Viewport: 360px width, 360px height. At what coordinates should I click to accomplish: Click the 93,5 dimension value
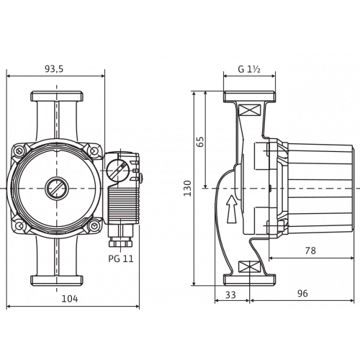(x=54, y=69)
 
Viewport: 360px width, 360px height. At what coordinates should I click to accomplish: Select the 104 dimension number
(x=70, y=299)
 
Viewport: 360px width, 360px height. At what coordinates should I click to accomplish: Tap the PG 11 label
(x=121, y=258)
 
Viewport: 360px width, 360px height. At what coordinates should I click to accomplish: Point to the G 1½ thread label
(x=249, y=69)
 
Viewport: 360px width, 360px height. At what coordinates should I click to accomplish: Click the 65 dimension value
(x=200, y=141)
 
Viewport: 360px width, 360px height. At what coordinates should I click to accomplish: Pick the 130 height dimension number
(x=187, y=189)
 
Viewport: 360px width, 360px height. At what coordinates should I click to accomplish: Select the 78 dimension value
(x=310, y=251)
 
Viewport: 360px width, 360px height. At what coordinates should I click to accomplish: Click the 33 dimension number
(x=230, y=294)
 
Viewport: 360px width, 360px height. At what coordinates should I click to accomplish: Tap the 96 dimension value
(x=302, y=293)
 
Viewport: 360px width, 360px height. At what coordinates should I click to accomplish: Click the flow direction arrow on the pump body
(x=232, y=209)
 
